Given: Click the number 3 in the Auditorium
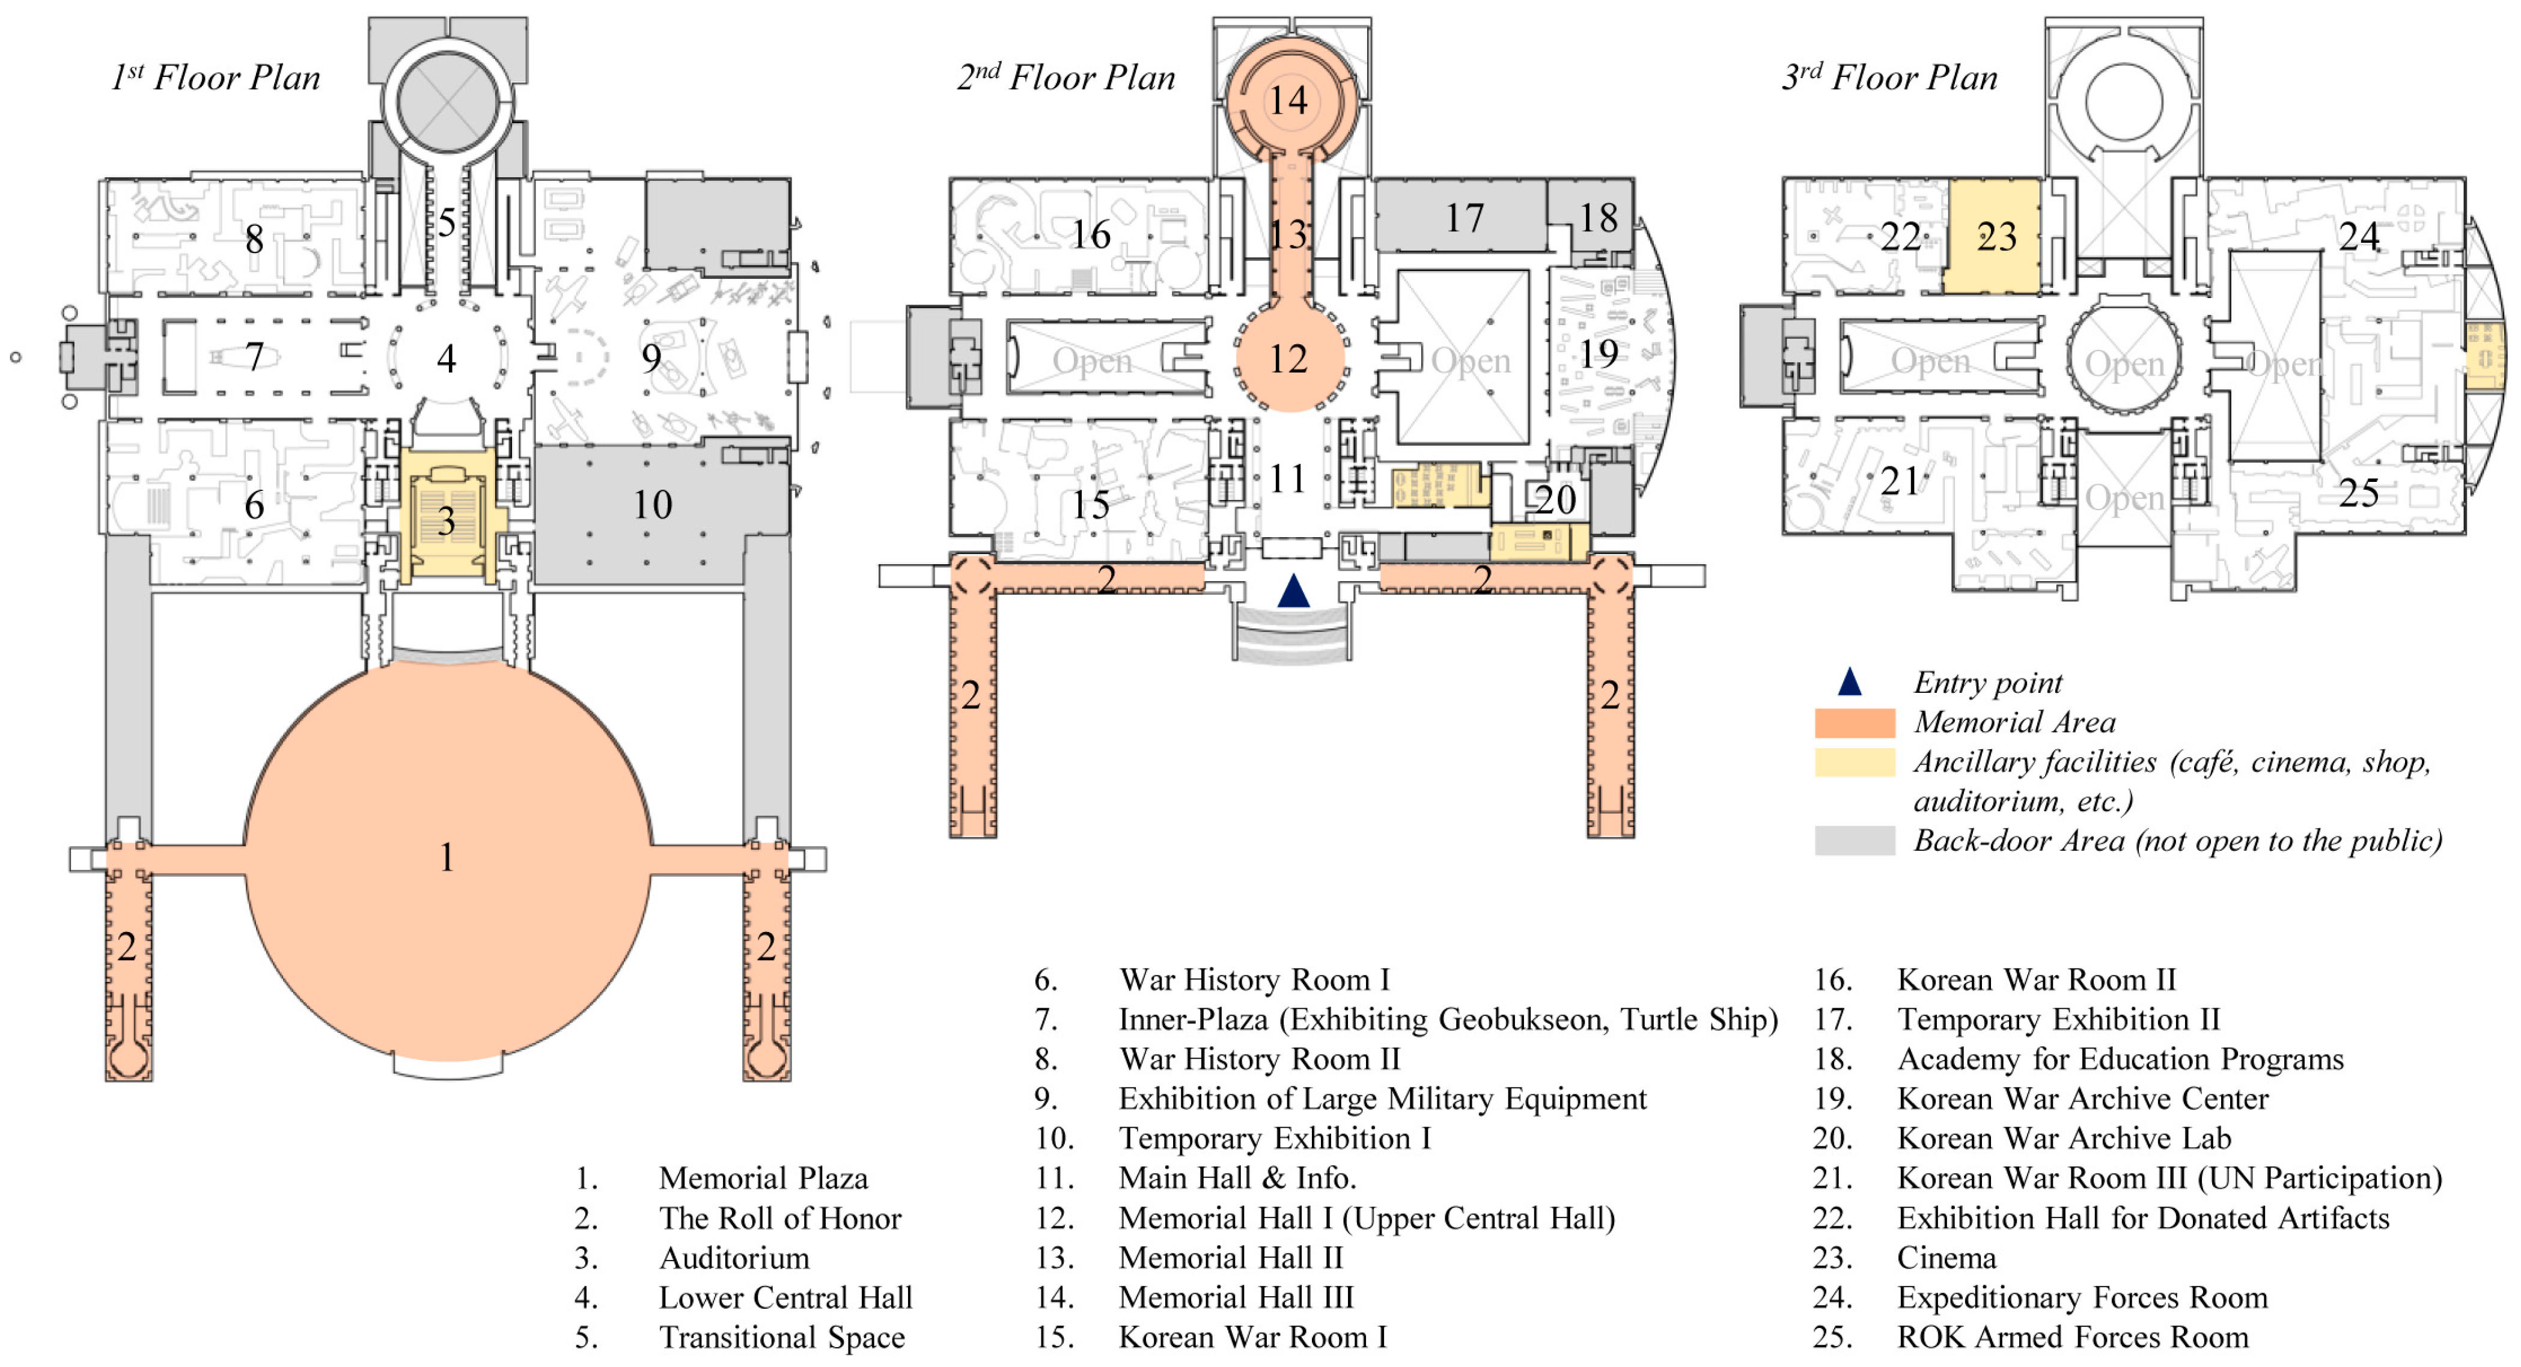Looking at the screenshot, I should pyautogui.click(x=447, y=520).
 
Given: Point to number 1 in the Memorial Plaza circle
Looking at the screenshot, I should pyautogui.click(x=447, y=857).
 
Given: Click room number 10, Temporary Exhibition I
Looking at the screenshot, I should pyautogui.click(x=652, y=505).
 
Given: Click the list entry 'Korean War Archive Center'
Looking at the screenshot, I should pyautogui.click(x=2082, y=1099).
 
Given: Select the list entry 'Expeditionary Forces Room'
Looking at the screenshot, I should pyautogui.click(x=2082, y=1297).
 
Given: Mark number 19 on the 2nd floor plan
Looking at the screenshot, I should pyautogui.click(x=1598, y=353).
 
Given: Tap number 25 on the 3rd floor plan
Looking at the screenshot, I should pyautogui.click(x=2359, y=492).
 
